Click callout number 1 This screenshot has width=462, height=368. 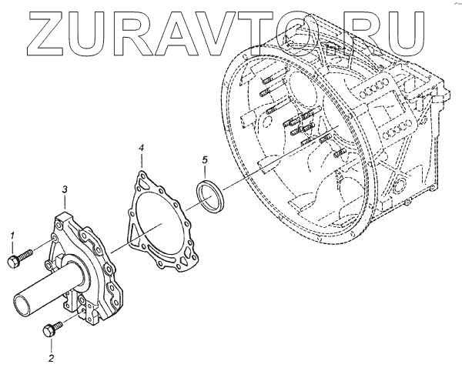(12, 234)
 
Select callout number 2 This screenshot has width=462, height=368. (51, 357)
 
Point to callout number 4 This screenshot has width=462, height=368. (141, 146)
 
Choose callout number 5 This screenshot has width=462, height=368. (204, 159)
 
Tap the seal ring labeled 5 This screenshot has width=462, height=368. (209, 196)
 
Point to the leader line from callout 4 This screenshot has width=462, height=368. (142, 161)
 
